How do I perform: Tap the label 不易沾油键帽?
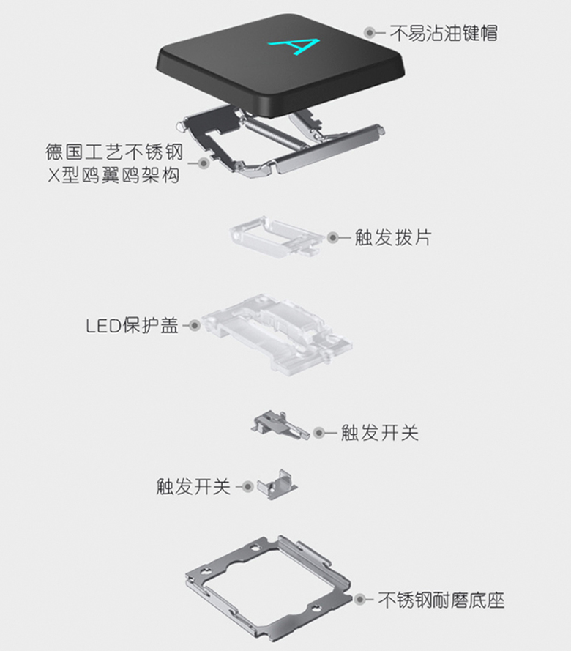coord(444,33)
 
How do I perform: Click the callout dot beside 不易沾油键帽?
coord(370,33)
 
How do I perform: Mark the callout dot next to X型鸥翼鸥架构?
coord(204,164)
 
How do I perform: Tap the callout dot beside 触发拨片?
coord(332,237)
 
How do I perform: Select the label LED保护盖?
coord(132,325)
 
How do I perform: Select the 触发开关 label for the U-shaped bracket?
coord(193,486)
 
